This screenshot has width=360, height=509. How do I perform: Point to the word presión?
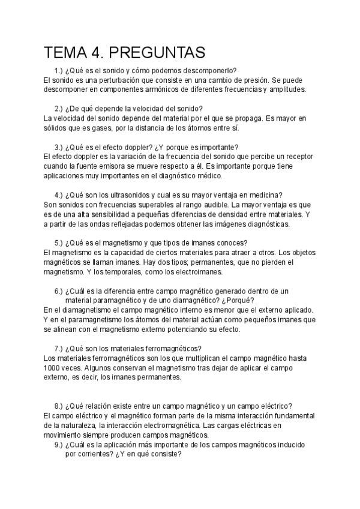[x=251, y=80]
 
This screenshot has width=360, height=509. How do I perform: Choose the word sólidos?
[x=57, y=127]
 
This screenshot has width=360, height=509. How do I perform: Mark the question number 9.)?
[x=59, y=445]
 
